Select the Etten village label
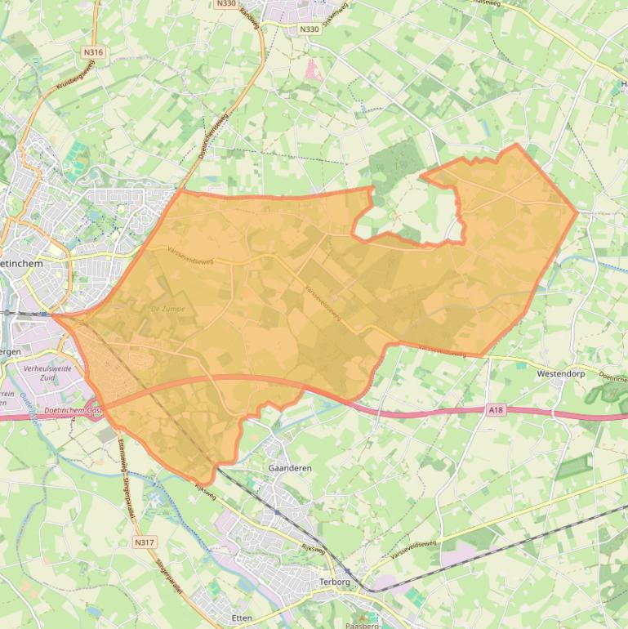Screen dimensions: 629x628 242,618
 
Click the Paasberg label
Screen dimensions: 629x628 363,625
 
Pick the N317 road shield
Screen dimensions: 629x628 144,542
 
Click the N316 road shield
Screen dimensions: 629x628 94,52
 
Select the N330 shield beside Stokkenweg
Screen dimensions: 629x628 309,29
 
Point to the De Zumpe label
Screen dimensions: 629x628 168,309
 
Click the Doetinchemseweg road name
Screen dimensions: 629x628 218,134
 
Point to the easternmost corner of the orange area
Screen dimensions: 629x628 577,213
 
